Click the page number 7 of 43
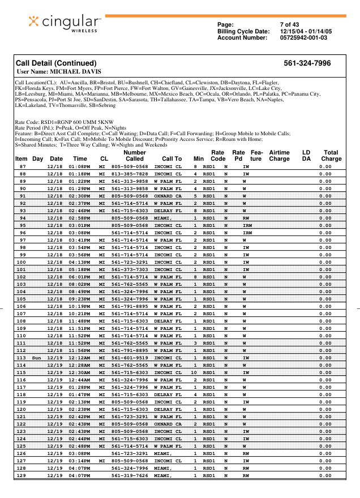tap(289, 24)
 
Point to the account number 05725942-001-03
tap(303, 37)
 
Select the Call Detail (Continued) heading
tap(56, 63)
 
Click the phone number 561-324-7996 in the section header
tap(307, 63)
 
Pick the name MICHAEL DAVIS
tap(76, 72)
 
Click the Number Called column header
tap(135, 156)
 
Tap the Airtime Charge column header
tap(279, 156)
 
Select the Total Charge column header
tap(331, 156)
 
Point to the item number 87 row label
tap(23, 167)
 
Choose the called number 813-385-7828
tap(130, 174)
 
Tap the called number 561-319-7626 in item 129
tap(130, 475)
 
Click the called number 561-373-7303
tap(130, 269)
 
